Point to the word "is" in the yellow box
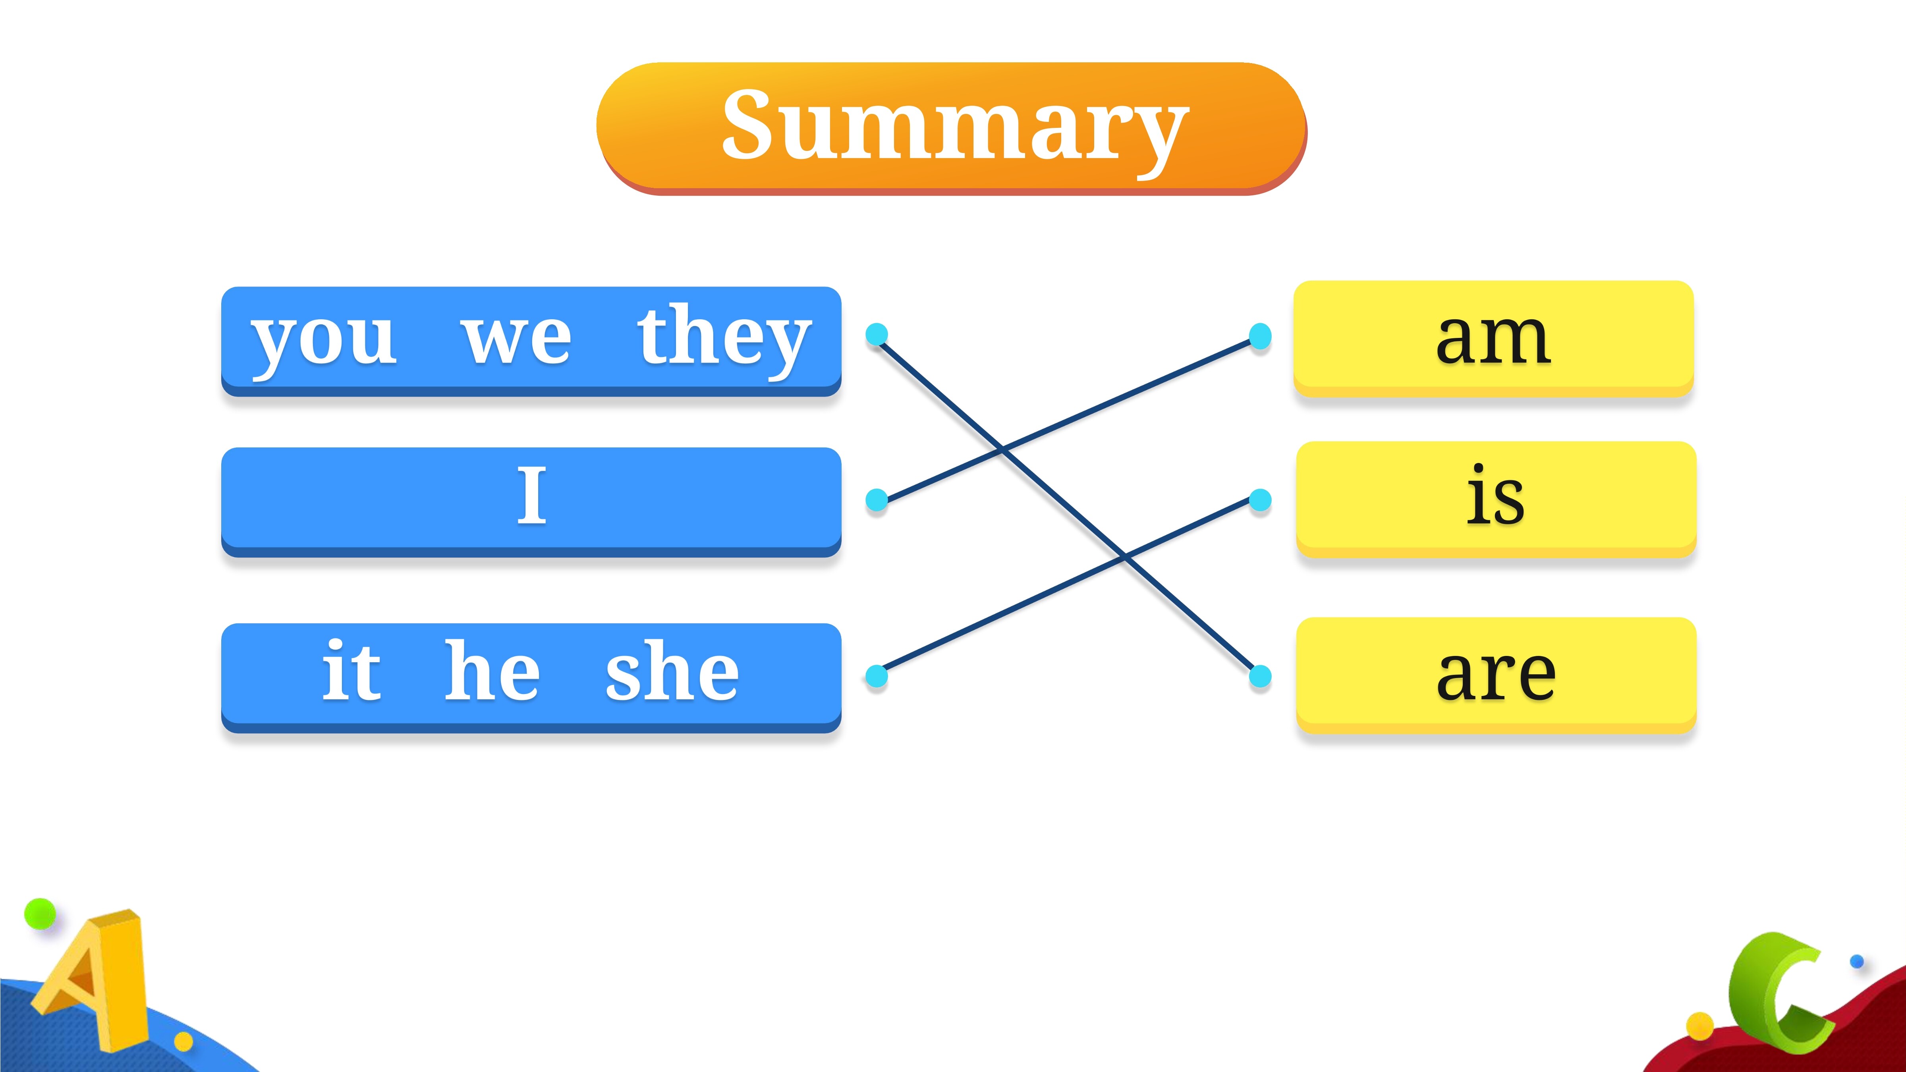[1495, 494]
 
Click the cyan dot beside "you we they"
[877, 334]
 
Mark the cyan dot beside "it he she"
[877, 675]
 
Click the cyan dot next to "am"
[1260, 336]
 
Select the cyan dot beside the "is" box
[1260, 500]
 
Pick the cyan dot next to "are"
[1260, 675]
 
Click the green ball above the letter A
[40, 914]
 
